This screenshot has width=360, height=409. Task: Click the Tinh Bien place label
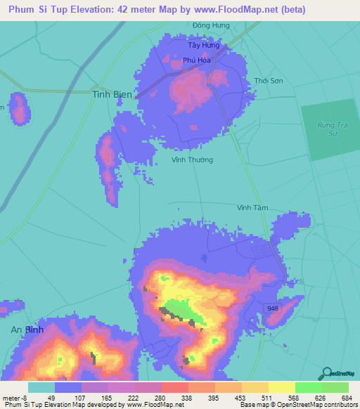(112, 93)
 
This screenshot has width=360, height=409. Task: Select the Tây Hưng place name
(203, 45)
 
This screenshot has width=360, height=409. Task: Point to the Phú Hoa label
(197, 61)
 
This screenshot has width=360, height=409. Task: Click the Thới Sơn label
(269, 81)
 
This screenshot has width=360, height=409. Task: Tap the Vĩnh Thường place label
(192, 160)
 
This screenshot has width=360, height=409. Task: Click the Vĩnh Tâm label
(253, 207)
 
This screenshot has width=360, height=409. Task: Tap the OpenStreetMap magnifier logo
(328, 372)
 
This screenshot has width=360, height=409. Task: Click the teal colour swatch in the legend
(41, 387)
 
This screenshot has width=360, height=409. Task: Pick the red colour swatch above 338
(174, 387)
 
